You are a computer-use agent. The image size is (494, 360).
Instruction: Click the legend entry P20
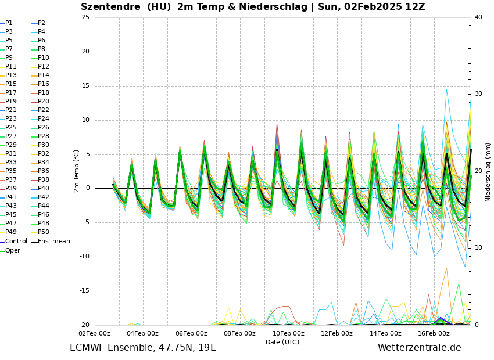[44, 102]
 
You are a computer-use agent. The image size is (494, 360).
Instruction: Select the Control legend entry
[16, 242]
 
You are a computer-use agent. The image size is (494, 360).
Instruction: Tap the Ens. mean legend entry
[53, 242]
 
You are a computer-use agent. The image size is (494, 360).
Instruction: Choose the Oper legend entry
[12, 250]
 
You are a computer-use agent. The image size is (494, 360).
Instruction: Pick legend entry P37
[11, 180]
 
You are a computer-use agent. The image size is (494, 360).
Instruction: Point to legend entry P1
[9, 23]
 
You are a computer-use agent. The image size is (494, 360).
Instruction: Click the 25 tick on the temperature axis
[85, 17]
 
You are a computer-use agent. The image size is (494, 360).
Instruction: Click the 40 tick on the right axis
[478, 17]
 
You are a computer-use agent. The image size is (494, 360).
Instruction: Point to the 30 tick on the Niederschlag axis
[478, 94]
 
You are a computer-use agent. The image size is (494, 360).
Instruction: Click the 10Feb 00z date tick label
[288, 333]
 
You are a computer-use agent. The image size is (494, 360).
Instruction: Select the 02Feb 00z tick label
[94, 333]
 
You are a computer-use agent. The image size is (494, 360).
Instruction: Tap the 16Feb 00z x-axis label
[434, 333]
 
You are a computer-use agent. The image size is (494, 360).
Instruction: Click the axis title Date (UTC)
[282, 343]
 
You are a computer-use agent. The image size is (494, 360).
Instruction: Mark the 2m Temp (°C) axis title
[77, 171]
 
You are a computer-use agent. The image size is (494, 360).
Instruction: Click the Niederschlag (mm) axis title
[488, 172]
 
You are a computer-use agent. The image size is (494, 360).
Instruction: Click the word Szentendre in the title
[110, 7]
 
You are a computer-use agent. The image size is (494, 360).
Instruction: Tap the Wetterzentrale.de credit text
[419, 348]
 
